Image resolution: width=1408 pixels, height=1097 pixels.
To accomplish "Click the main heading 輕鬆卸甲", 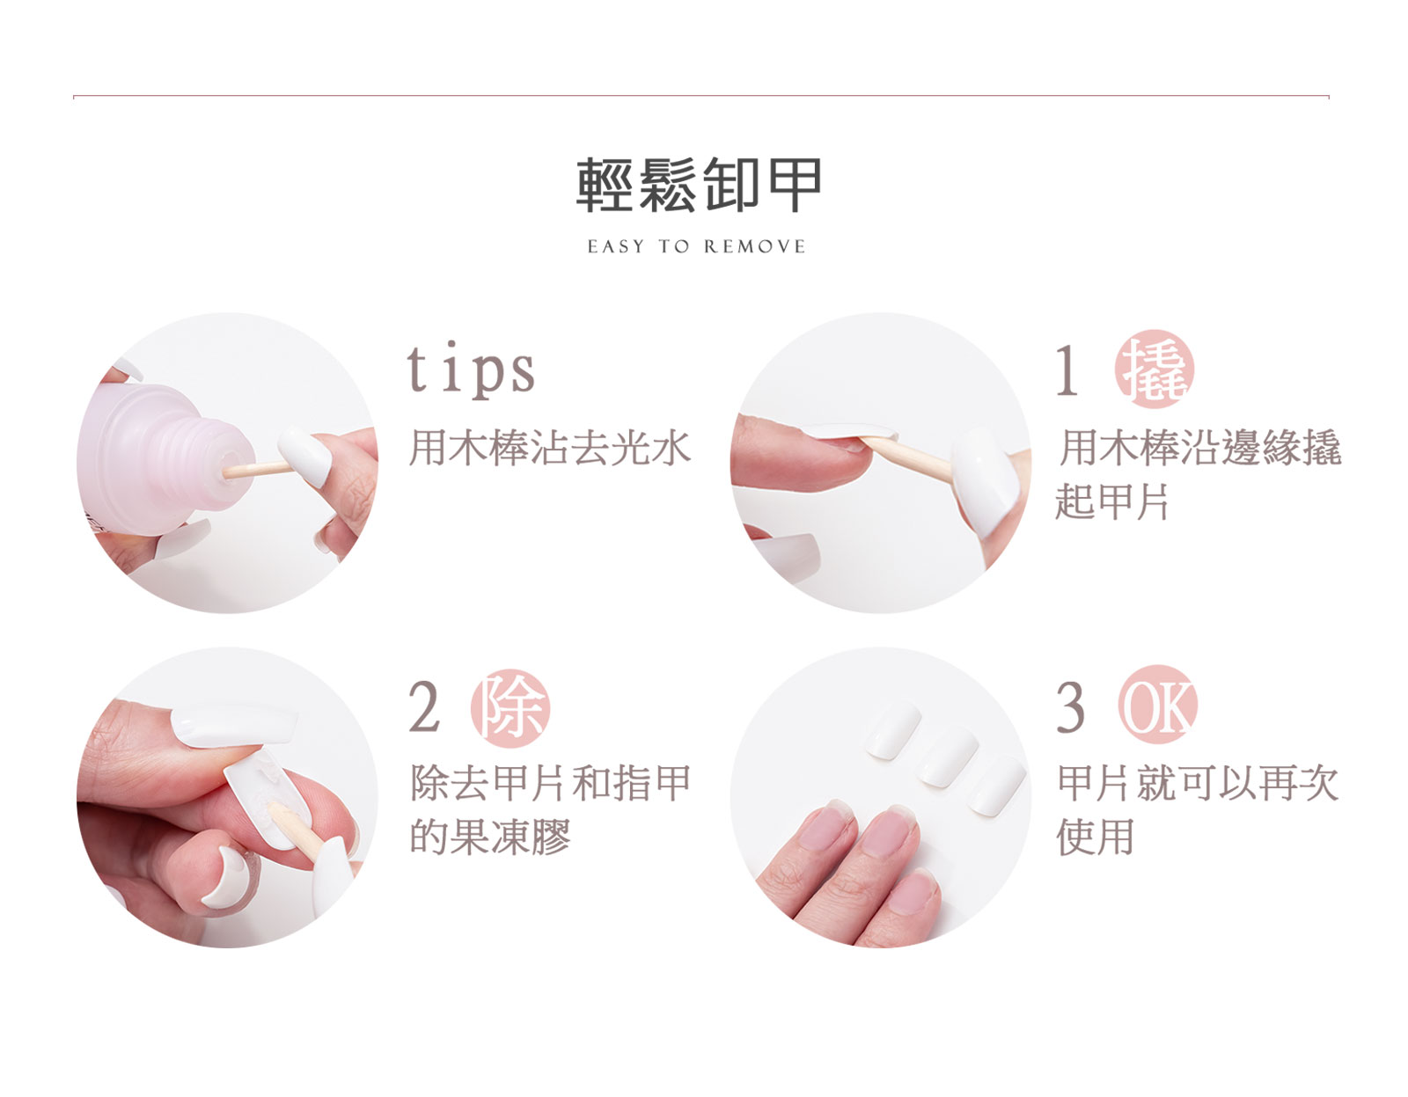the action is coord(699,185).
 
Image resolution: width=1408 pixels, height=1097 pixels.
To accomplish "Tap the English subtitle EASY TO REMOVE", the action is coord(697,246).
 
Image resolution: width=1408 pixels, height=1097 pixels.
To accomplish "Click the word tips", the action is coord(471,369).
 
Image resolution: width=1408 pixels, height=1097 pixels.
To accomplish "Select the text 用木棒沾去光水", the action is coord(550,448).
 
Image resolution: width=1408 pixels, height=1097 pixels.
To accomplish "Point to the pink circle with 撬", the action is coord(1154,369).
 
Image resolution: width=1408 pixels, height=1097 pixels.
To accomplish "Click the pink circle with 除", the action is coord(510,708).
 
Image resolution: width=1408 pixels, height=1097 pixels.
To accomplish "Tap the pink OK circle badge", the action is coord(1158,704).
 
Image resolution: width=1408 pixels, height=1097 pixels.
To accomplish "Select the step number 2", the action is coord(425,708).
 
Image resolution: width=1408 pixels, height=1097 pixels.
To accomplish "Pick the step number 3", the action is coord(1070,708).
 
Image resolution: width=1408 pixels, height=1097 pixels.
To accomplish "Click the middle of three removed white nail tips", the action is coord(947,756).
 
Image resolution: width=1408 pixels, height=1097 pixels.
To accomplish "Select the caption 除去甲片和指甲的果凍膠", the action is coord(550,810).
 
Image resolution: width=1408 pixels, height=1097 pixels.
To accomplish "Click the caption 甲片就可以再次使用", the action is coord(1198,810).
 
